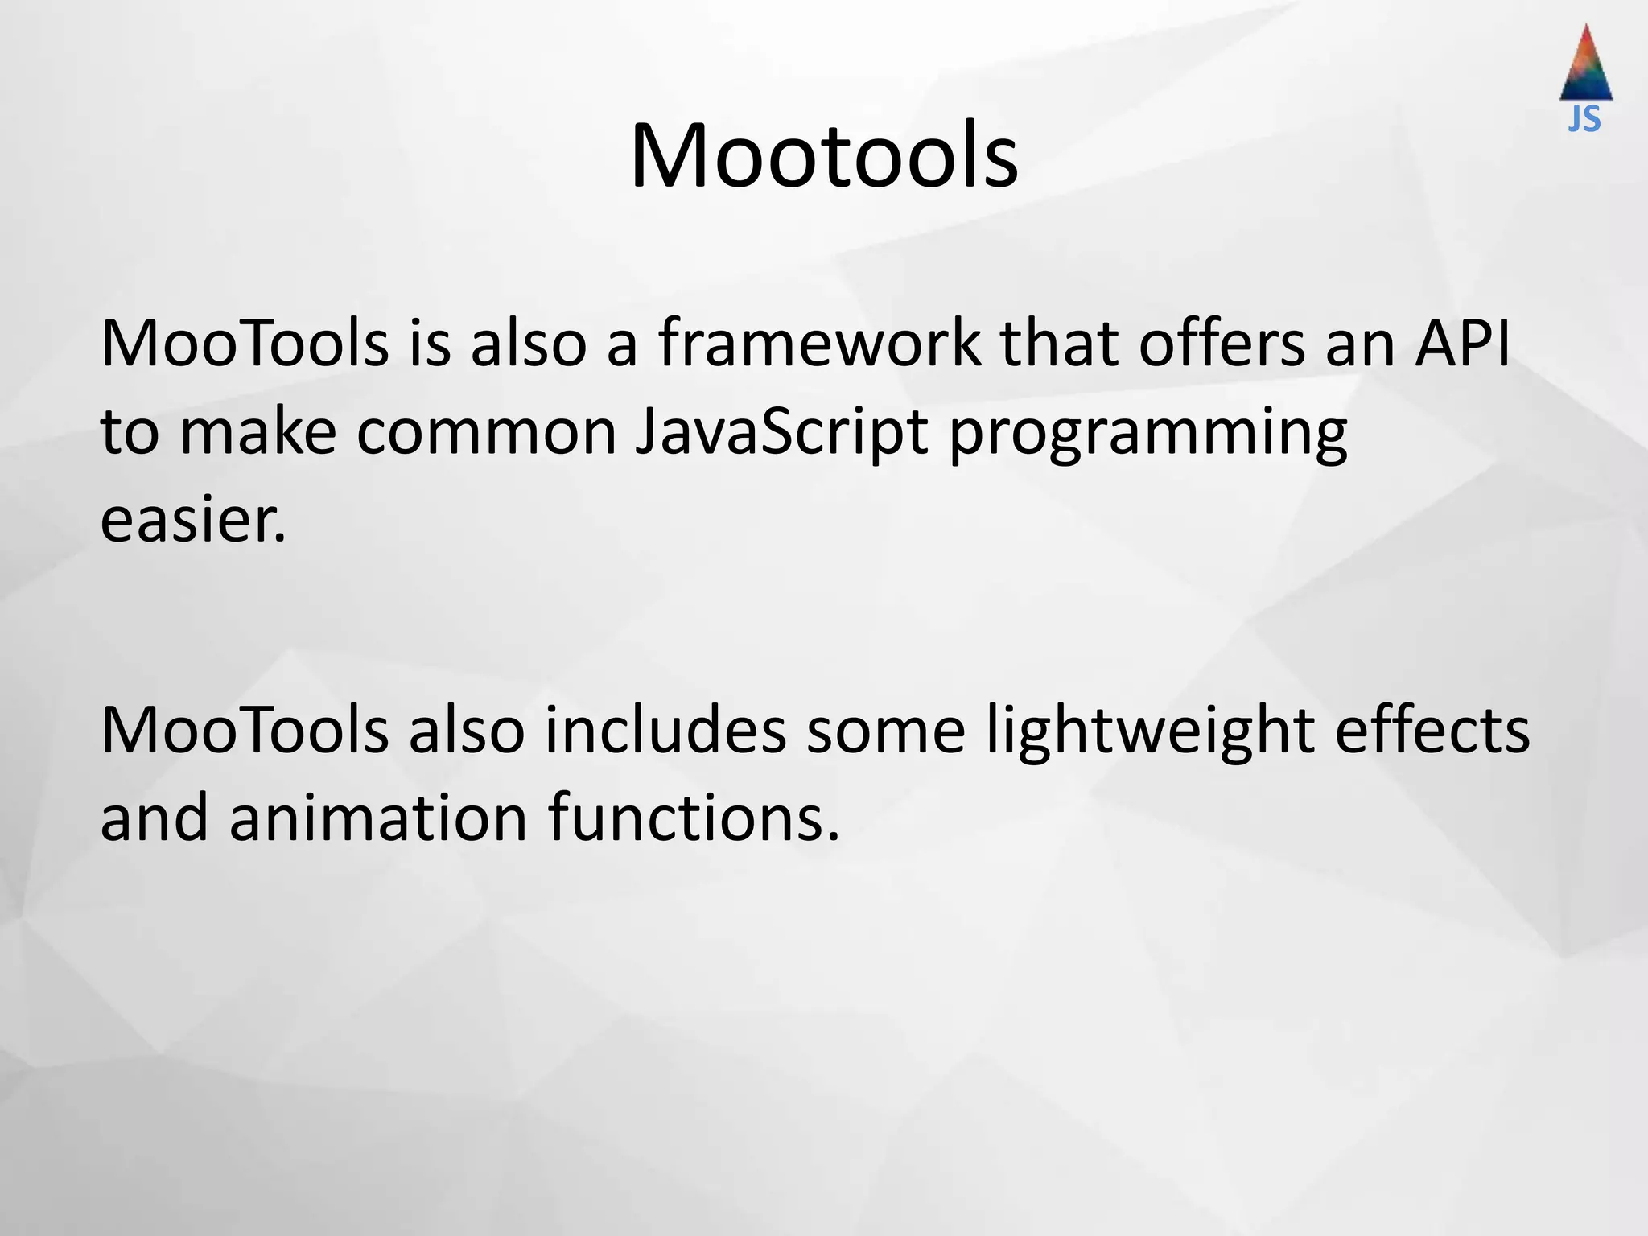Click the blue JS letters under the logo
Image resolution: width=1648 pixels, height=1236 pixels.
click(1584, 119)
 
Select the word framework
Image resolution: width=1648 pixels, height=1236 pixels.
click(819, 344)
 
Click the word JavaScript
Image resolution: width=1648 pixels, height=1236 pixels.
click(781, 433)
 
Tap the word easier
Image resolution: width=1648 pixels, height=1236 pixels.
click(193, 521)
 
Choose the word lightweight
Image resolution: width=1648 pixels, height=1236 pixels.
click(1151, 731)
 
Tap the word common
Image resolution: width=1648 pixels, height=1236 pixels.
click(486, 433)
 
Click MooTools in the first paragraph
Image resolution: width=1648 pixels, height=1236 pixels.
click(245, 344)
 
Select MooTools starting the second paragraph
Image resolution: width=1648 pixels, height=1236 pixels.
click(245, 731)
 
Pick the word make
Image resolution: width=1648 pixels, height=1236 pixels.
click(257, 433)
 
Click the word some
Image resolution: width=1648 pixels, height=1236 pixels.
click(885, 731)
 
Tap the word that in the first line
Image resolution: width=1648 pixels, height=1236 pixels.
click(1059, 344)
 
